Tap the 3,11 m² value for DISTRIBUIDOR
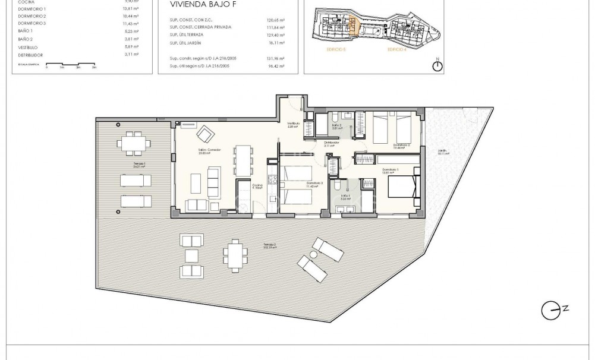tap(131, 54)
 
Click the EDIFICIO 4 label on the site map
tap(396, 50)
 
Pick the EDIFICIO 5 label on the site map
tap(336, 50)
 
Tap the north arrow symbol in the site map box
tap(437, 65)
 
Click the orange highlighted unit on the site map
tap(352, 26)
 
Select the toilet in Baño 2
tap(335, 116)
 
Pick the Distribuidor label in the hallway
tap(332, 143)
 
